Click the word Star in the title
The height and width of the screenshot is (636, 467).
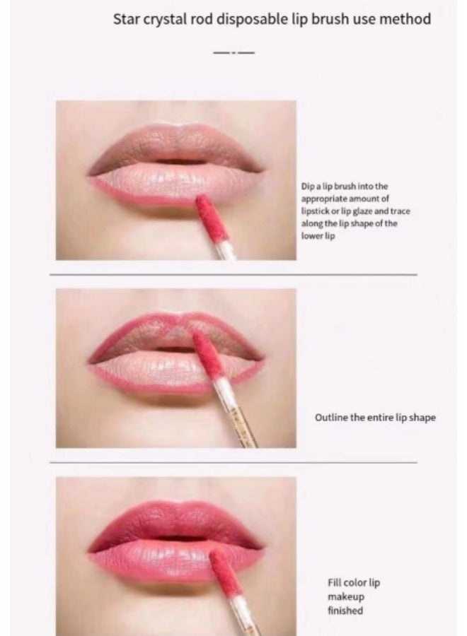click(127, 19)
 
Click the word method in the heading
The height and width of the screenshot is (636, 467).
click(405, 19)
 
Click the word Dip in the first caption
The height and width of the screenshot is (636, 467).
click(307, 187)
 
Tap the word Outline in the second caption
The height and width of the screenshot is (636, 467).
click(330, 418)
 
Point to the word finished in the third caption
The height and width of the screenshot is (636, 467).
click(345, 611)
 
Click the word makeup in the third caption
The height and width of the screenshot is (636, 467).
click(345, 597)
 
